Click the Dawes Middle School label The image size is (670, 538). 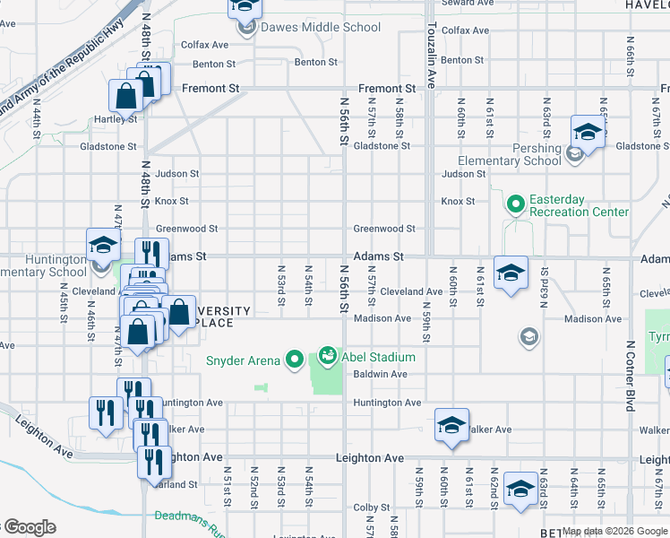(320, 27)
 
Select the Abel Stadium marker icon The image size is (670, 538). (328, 357)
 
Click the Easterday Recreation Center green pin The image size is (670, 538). (515, 205)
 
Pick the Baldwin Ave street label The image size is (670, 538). (380, 374)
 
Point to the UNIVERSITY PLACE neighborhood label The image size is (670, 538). (215, 317)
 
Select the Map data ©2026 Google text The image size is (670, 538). (614, 532)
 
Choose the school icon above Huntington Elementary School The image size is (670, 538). (103, 244)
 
